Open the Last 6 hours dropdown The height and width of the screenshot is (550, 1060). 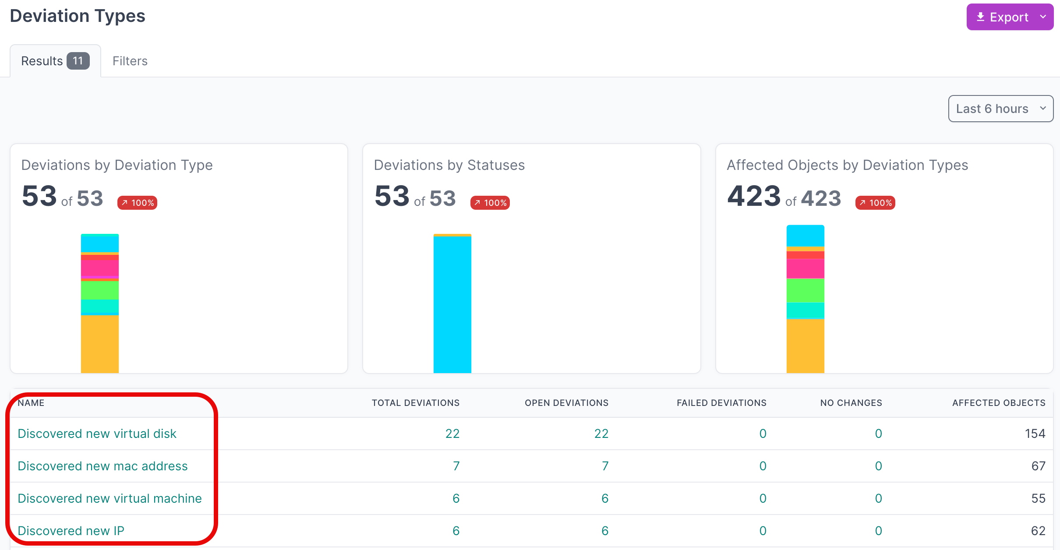1000,109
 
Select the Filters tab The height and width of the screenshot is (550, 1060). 130,61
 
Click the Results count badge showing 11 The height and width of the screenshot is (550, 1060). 78,61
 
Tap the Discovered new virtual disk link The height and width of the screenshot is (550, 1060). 97,434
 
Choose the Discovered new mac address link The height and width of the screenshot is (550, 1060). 102,466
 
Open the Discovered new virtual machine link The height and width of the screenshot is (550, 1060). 110,498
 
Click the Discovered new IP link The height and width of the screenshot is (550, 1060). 71,531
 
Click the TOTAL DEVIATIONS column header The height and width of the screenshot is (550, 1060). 415,403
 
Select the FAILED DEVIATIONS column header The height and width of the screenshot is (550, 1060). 721,403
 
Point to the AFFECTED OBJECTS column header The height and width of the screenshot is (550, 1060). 999,403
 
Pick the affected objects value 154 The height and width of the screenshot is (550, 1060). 1035,434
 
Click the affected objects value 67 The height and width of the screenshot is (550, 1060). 1038,466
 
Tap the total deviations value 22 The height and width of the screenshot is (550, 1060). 452,434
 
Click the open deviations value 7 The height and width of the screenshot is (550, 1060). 605,466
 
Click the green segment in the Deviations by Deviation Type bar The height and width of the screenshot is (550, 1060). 100,290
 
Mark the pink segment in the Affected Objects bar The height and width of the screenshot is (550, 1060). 805,268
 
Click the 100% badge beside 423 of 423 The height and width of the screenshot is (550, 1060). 875,203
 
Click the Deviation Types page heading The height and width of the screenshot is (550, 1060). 78,16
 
